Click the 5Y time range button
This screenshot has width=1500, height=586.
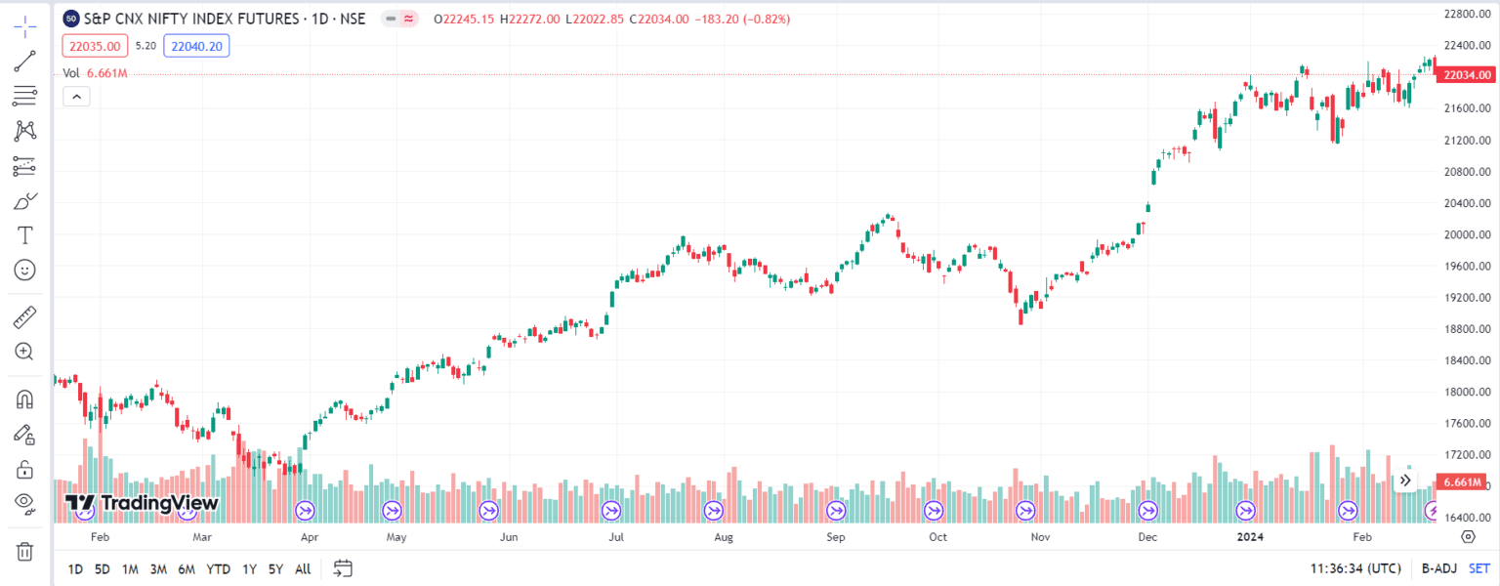click(x=275, y=568)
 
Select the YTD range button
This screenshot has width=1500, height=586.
click(x=218, y=568)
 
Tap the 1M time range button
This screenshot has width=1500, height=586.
click(x=130, y=568)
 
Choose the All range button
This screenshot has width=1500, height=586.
click(x=303, y=568)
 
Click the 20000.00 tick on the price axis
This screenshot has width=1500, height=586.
click(x=1466, y=234)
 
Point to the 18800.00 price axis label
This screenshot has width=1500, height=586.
click(x=1466, y=329)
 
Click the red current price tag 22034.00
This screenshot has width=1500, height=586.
click(x=1466, y=75)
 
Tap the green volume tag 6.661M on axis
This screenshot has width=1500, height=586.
click(x=1463, y=482)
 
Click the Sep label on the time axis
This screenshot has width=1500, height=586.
click(x=835, y=536)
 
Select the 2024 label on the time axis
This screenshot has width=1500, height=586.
click(x=1249, y=536)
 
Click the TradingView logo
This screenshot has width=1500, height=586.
click(x=142, y=503)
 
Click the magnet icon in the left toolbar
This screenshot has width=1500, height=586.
click(x=24, y=399)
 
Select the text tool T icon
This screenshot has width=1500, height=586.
click(x=24, y=235)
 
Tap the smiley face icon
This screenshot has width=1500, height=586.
click(x=24, y=270)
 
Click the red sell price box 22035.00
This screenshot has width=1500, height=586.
click(x=95, y=46)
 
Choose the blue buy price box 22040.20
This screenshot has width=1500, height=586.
click(x=194, y=46)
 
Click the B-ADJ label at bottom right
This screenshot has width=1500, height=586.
click(x=1438, y=568)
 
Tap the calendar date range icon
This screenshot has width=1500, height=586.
click(x=342, y=568)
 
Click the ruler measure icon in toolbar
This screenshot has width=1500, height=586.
click(x=24, y=317)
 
